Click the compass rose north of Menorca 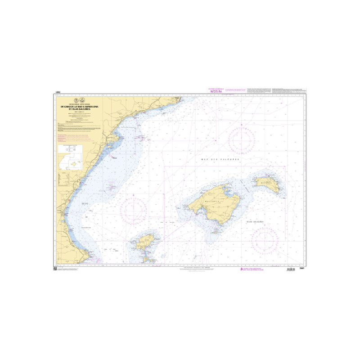242,139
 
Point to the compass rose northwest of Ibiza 134,208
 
